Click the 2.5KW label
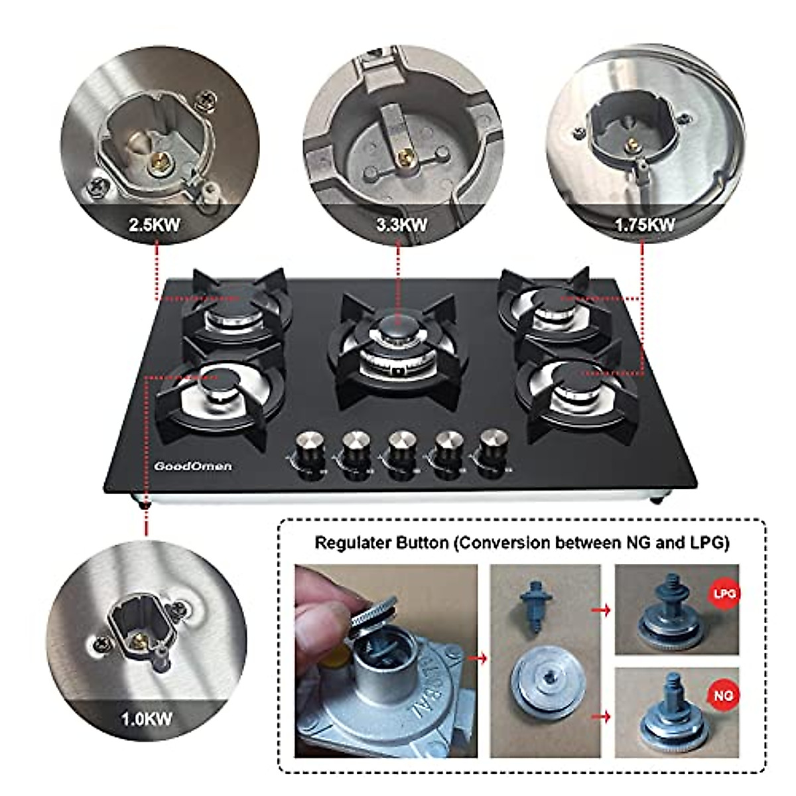click(x=154, y=224)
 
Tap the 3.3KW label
click(x=401, y=224)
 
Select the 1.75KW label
click(x=644, y=224)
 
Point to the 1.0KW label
click(x=146, y=718)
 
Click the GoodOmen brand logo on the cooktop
click(x=193, y=466)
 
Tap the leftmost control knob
click(x=308, y=442)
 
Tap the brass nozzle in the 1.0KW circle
click(x=139, y=639)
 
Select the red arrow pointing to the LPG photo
click(x=604, y=609)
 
